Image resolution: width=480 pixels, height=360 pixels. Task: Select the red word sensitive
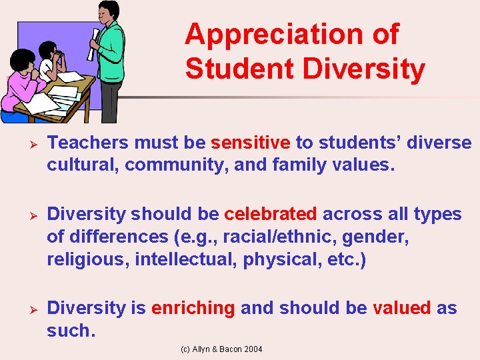tap(250, 143)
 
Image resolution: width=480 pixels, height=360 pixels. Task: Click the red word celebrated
tap(270, 214)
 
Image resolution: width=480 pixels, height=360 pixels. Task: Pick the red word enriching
tap(193, 308)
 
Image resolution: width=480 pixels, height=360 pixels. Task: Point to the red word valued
tap(401, 308)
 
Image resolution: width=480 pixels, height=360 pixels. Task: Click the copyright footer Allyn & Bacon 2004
tap(223, 349)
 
